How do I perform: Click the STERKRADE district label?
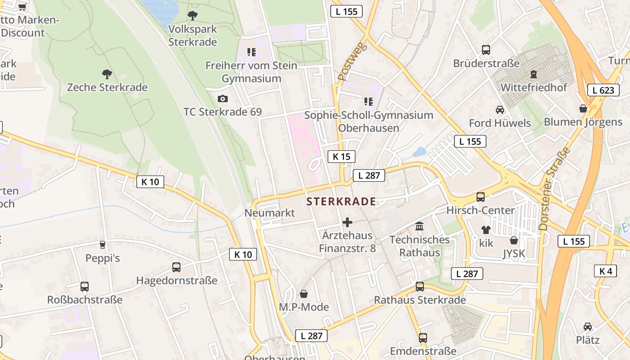point(341,202)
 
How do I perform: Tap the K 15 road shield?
point(341,157)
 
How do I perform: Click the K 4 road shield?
point(605,271)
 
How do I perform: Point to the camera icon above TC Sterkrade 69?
point(222,99)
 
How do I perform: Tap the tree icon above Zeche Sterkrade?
point(107,74)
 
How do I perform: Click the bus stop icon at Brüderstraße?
point(486,50)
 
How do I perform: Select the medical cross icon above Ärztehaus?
point(347,222)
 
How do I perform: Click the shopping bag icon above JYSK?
point(514,240)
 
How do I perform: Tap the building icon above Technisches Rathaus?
point(419,226)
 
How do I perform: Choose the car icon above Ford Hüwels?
point(499,109)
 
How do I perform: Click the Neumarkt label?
point(270,213)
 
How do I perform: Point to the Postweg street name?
point(352,62)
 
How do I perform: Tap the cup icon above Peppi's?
point(103,245)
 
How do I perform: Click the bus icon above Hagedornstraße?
point(176,267)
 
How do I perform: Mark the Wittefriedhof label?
point(534,87)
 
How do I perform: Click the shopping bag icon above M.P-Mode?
point(304,294)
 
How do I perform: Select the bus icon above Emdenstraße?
point(423,338)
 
